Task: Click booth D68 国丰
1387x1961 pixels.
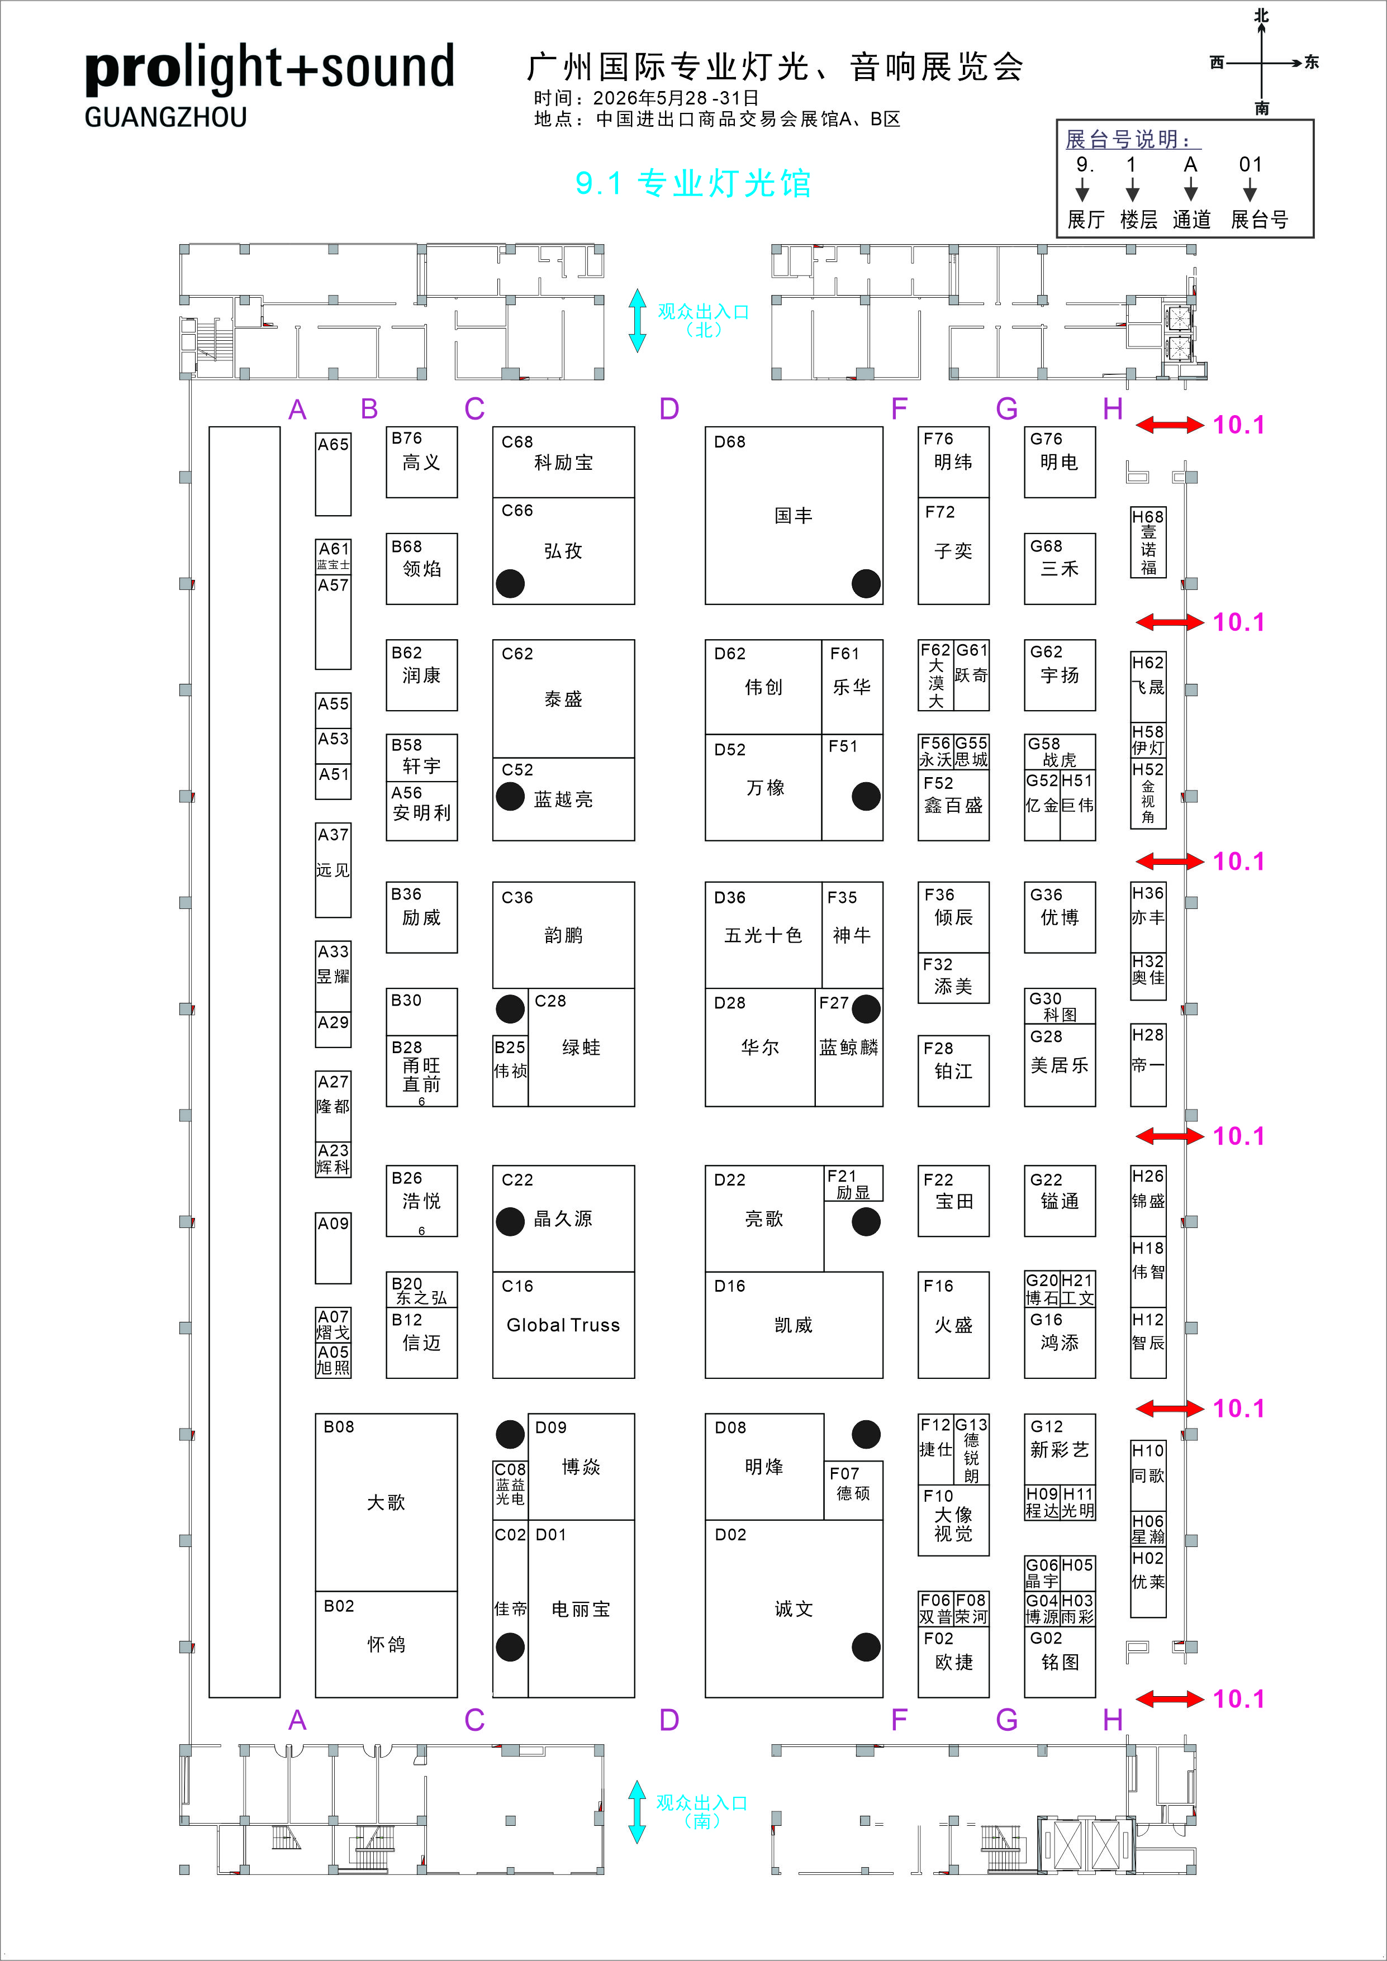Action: click(x=794, y=515)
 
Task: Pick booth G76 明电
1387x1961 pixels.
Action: click(x=1059, y=461)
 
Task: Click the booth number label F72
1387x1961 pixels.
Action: click(x=939, y=512)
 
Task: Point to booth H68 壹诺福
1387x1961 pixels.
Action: click(x=1148, y=542)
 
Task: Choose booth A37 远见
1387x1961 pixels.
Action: click(x=333, y=869)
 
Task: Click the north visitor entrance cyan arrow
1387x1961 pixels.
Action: click(x=637, y=320)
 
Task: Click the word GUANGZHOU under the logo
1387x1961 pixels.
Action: click(x=165, y=117)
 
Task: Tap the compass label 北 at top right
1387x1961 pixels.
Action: click(x=1261, y=16)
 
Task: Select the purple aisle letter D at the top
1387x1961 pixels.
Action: click(x=669, y=409)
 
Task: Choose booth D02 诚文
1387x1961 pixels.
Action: click(x=794, y=1608)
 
